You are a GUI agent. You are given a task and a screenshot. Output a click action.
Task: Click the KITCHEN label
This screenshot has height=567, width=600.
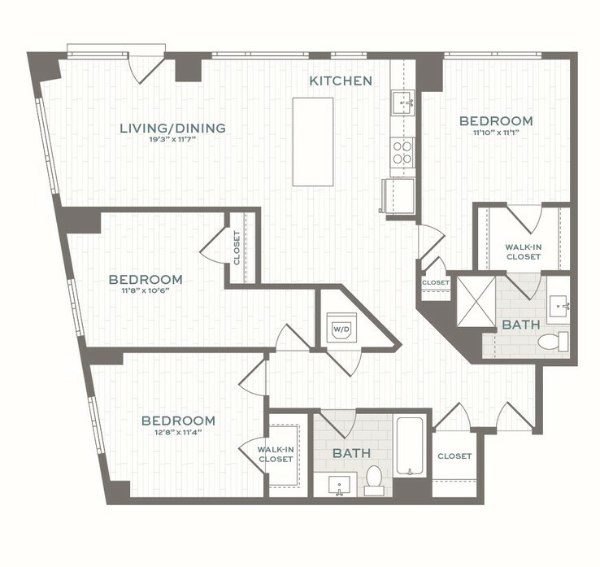point(341,81)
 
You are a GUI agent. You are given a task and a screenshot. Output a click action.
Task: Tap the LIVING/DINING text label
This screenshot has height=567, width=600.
point(172,128)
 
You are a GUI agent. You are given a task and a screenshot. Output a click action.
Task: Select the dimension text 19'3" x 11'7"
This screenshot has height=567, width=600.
point(172,139)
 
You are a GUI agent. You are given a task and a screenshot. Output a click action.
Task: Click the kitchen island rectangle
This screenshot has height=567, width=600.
point(313,142)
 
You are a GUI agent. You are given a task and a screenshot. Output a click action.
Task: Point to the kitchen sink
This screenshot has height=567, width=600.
point(402,103)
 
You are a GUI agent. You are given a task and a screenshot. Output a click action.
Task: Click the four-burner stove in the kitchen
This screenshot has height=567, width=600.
point(402,151)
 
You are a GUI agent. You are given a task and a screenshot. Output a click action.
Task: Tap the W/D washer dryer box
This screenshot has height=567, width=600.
point(339,329)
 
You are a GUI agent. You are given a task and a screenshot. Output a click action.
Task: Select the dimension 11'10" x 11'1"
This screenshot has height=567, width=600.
point(496,133)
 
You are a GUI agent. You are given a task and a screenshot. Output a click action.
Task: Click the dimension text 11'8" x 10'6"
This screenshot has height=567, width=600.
point(146,291)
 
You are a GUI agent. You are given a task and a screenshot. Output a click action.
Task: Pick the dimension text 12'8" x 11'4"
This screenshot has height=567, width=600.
point(178,433)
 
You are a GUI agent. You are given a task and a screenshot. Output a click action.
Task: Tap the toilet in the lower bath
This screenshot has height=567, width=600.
point(374,479)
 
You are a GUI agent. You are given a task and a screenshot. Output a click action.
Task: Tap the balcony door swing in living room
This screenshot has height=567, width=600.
point(149,68)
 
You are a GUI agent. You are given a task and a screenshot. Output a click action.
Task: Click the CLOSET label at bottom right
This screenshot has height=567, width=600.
point(454,456)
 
